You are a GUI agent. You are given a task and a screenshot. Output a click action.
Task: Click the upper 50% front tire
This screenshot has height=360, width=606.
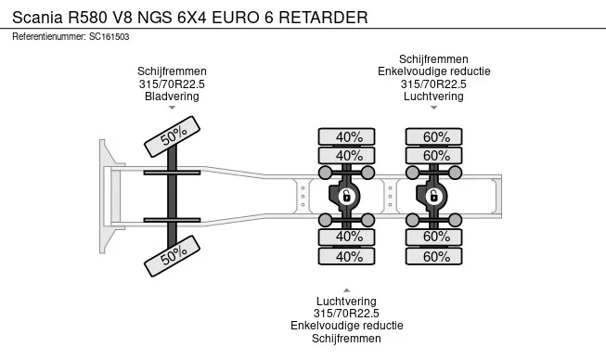[172, 136]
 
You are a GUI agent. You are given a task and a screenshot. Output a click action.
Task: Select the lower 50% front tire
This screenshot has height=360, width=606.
[172, 256]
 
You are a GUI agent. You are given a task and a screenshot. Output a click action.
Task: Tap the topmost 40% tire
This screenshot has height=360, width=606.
[347, 136]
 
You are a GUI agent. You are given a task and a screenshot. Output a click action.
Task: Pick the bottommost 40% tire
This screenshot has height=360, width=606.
[347, 256]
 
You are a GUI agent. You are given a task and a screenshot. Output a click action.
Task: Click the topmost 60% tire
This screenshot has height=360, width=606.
[434, 136]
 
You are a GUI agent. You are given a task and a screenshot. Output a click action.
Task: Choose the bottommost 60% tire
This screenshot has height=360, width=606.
[434, 256]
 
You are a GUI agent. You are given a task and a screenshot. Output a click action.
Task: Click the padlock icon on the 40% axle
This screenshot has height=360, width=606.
[346, 196]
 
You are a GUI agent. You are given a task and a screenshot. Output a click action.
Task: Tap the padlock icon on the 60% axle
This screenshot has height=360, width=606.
[433, 196]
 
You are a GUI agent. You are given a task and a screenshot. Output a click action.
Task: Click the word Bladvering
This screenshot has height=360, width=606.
[172, 96]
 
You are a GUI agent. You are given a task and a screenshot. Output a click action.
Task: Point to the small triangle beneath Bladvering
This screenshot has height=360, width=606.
[172, 108]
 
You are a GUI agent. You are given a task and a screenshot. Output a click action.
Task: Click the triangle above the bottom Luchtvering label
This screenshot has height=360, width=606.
[347, 290]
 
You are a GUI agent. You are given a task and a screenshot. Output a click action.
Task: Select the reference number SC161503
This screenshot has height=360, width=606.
[109, 37]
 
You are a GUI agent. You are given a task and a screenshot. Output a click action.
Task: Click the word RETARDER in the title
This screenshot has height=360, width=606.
[323, 18]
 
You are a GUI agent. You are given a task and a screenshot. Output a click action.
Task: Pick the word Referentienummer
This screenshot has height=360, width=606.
[49, 37]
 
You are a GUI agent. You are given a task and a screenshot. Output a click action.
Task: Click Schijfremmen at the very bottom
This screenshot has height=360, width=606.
[347, 339]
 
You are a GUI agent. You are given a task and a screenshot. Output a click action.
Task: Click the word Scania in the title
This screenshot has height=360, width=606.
[37, 18]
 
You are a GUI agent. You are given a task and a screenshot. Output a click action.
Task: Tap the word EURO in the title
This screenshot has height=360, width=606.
[236, 18]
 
